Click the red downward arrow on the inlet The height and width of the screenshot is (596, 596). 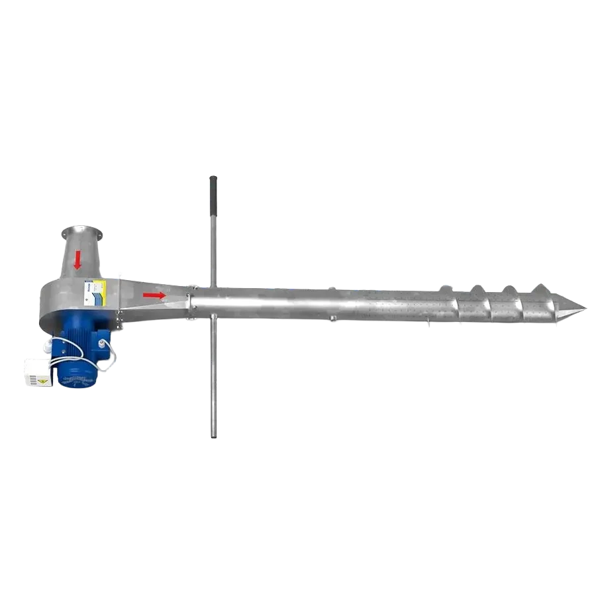[77, 260]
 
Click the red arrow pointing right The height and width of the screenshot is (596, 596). [154, 295]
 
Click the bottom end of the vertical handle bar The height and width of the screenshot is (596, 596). [212, 434]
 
